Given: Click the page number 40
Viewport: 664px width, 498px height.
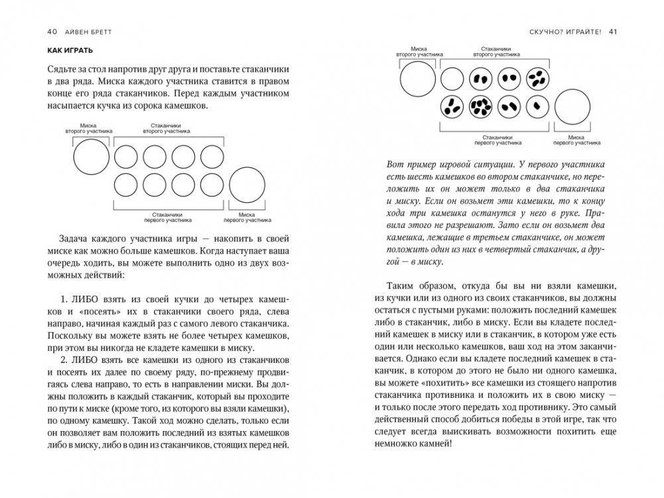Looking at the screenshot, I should click(x=53, y=30).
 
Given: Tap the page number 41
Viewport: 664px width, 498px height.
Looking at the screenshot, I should click(x=612, y=30).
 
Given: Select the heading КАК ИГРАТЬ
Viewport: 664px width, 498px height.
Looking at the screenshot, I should click(x=70, y=50).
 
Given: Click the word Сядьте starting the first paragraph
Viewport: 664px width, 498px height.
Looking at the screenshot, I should click(x=65, y=70).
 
